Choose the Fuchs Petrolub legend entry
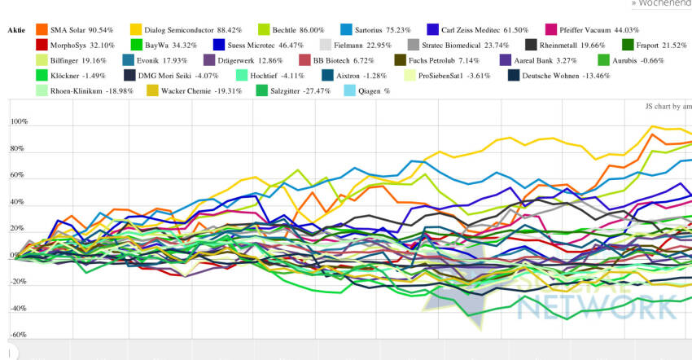tap(445, 60)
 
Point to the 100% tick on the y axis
tap(19, 122)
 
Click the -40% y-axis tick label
tap(17, 309)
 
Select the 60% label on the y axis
tap(19, 175)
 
